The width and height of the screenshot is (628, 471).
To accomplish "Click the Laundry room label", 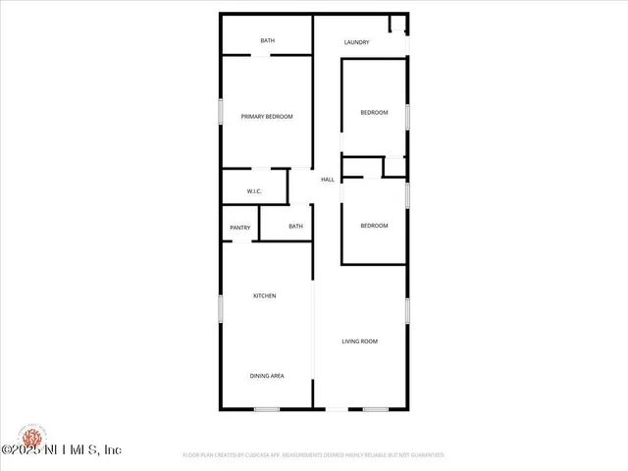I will (356, 42).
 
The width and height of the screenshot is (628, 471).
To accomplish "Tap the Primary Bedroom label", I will (267, 117).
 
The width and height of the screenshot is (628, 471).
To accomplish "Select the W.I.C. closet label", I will (253, 191).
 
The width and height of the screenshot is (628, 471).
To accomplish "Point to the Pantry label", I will (240, 228).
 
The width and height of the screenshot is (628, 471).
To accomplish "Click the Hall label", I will (328, 180).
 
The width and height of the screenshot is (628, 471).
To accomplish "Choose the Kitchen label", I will (265, 295).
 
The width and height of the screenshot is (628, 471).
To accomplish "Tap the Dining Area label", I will (267, 376).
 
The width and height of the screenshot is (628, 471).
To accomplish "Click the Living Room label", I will (359, 341).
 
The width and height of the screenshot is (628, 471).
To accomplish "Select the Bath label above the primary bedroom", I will (267, 40).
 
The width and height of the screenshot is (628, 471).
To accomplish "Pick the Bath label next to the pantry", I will (295, 227).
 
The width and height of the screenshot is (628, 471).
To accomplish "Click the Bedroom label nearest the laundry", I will (374, 113).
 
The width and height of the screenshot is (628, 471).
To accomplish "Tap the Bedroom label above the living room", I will (374, 226).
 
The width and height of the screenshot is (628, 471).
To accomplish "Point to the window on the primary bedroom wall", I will (221, 111).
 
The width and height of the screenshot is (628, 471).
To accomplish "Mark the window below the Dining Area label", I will (267, 409).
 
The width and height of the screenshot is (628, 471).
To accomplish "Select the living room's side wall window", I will (407, 311).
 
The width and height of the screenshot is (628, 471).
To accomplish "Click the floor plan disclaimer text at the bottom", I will (314, 455).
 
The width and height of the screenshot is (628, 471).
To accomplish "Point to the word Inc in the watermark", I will (111, 449).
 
